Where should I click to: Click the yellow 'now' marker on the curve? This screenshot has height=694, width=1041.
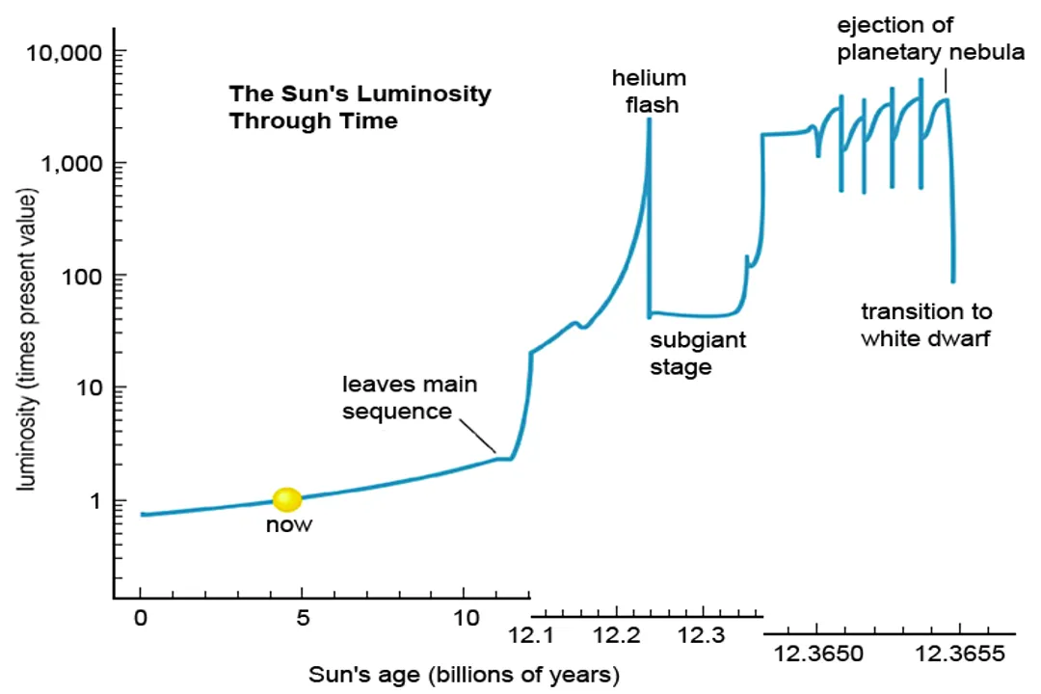tap(287, 499)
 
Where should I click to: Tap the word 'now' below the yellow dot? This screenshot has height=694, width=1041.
tap(289, 526)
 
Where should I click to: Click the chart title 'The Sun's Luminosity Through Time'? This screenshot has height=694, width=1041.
tap(360, 108)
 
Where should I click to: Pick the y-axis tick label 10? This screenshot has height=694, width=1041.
tap(90, 388)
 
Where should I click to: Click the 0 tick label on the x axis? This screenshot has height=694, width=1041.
tap(141, 618)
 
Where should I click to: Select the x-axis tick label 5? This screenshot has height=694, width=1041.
tap(303, 618)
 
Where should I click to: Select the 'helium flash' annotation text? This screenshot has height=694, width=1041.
tap(648, 91)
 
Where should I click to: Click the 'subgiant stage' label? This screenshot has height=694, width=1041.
tap(697, 353)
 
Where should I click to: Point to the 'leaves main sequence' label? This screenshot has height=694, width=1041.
tap(411, 398)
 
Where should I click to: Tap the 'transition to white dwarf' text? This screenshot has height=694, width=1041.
tap(925, 325)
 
